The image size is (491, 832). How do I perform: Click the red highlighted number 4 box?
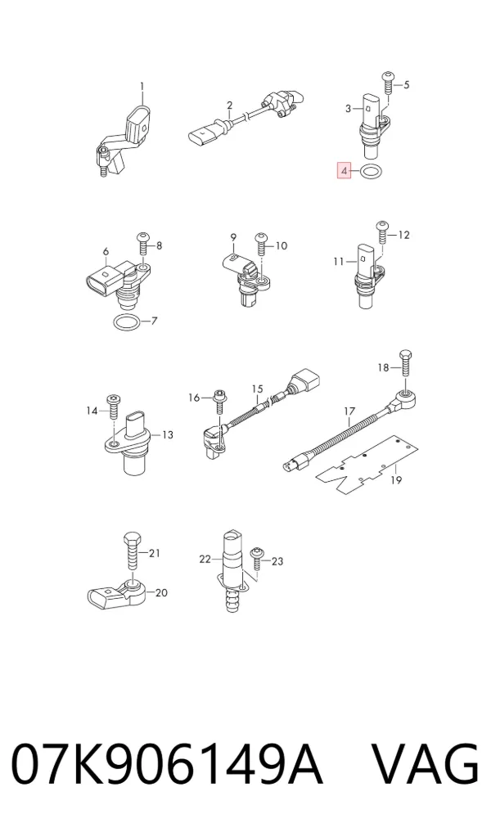click(344, 171)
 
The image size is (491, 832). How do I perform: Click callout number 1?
click(142, 86)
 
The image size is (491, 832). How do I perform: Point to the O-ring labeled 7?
click(115, 322)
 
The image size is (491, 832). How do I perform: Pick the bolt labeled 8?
click(142, 244)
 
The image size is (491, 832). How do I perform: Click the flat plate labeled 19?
click(367, 465)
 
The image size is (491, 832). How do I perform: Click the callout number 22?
click(205, 559)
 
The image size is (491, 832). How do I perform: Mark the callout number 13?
click(167, 435)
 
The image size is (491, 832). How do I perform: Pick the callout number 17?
click(349, 412)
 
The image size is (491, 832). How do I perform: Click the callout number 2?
click(229, 105)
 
